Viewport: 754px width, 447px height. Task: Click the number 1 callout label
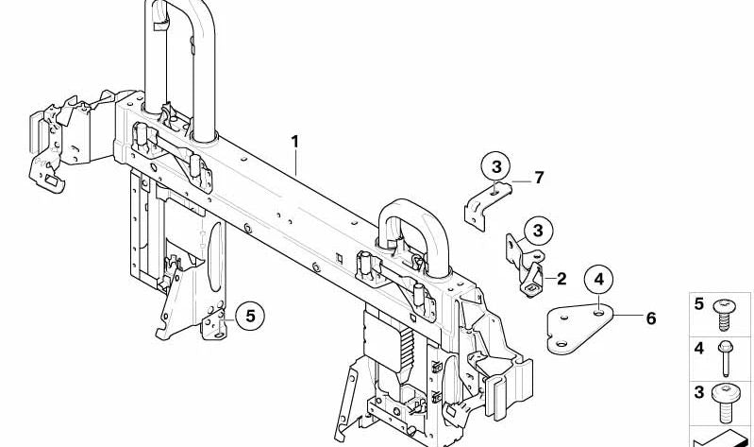coord(294,142)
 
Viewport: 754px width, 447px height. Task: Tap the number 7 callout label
coord(539,178)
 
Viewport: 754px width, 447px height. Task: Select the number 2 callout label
coord(561,279)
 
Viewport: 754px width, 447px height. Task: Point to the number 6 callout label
coord(650,318)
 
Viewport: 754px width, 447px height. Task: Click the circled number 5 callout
coord(250,316)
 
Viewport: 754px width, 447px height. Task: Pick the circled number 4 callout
coord(598,280)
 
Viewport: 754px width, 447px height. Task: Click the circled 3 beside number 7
coord(496,167)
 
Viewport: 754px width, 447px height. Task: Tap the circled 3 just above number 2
coord(538,231)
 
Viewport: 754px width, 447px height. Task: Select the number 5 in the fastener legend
coord(698,304)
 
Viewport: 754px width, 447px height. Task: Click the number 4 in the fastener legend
coord(698,348)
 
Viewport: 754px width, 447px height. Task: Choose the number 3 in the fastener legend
coord(698,392)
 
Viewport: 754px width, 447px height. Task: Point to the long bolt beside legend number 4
coord(726,358)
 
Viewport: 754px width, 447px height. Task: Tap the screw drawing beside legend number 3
coord(726,403)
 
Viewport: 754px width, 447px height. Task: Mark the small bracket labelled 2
coord(528,266)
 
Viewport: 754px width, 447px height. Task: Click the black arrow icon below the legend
coord(720,438)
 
